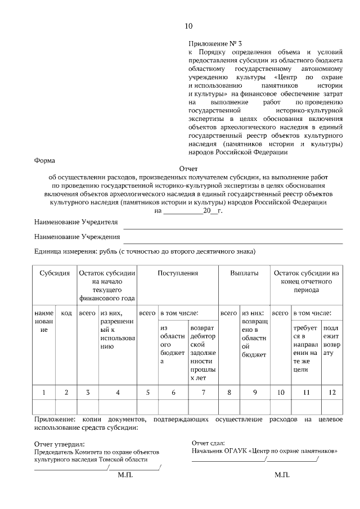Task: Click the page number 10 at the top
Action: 188,26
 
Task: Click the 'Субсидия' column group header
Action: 55,273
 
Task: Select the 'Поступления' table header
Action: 178,273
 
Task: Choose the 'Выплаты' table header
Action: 244,273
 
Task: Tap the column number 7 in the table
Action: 203,392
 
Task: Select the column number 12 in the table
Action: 332,392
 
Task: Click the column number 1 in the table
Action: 44,392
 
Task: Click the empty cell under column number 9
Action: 255,407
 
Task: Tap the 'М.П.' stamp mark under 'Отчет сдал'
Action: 282,475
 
